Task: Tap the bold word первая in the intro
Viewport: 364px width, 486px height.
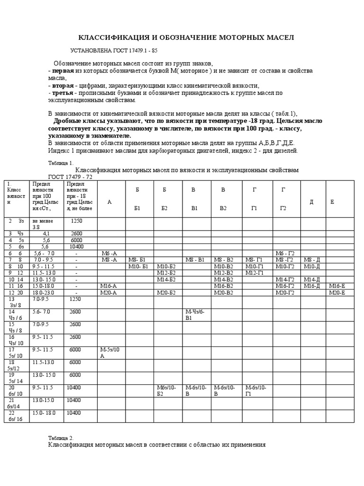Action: tap(62, 70)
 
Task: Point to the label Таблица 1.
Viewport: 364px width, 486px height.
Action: tap(61, 162)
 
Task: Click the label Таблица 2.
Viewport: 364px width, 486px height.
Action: tap(61, 437)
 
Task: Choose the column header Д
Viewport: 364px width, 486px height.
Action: tap(311, 202)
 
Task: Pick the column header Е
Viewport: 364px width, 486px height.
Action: tap(332, 202)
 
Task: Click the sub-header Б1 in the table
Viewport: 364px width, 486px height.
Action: tap(137, 208)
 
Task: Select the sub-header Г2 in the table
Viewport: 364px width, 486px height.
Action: tap(283, 208)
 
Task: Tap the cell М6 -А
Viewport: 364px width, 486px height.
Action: tap(109, 253)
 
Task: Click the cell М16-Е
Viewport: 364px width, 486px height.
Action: tap(337, 286)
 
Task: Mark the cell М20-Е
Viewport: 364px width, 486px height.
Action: tap(337, 293)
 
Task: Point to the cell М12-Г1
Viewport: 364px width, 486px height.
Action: tap(255, 273)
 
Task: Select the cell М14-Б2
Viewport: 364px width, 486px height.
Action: tap(166, 280)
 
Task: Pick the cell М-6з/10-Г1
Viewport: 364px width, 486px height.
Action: tap(256, 390)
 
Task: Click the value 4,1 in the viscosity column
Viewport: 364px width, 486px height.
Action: tap(46, 234)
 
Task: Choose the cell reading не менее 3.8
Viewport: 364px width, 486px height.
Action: tap(42, 224)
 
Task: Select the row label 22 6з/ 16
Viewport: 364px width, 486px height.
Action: tap(14, 416)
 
